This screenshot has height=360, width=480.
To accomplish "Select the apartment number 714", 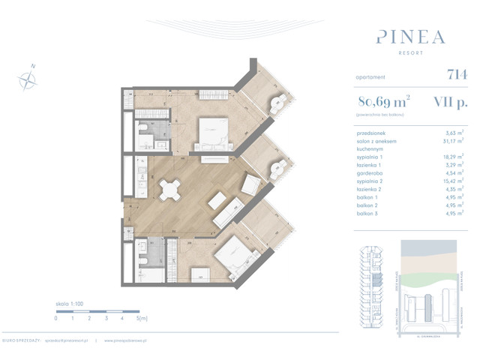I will (457, 76).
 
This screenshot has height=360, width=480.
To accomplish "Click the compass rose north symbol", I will (28, 76).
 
